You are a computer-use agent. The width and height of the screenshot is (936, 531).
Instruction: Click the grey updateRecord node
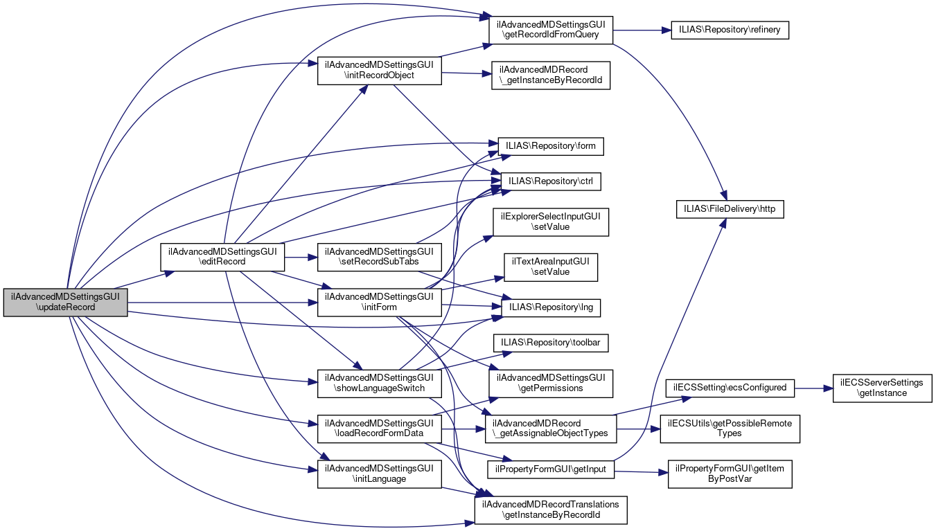(x=65, y=303)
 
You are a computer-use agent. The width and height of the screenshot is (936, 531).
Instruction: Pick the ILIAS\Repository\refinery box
(x=730, y=30)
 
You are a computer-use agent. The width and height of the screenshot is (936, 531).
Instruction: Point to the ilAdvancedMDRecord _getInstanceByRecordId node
(x=551, y=75)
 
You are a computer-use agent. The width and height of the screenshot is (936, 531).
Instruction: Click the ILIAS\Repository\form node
(x=551, y=146)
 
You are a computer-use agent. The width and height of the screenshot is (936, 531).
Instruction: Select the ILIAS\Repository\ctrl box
(x=551, y=181)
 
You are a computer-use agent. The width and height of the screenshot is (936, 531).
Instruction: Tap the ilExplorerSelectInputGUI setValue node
(x=551, y=222)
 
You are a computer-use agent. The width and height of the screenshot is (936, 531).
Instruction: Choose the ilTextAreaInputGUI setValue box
(x=551, y=267)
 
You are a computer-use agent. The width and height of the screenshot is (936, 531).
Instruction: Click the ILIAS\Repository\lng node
(x=551, y=307)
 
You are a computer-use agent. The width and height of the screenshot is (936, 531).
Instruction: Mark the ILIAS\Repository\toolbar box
(x=551, y=342)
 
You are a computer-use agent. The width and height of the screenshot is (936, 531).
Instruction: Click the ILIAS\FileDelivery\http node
(x=730, y=208)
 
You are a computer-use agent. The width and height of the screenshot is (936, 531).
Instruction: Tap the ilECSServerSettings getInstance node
(x=881, y=387)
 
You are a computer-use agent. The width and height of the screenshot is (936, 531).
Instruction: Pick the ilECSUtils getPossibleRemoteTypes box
(x=730, y=428)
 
